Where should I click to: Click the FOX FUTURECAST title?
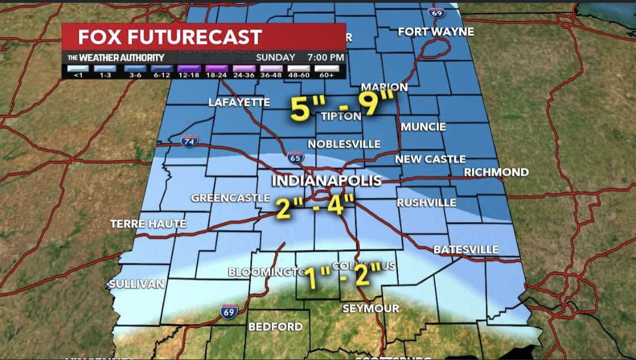(x=170, y=37)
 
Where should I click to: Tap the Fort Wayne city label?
(x=436, y=32)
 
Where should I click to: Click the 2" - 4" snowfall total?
(x=315, y=207)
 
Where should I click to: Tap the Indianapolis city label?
(x=327, y=181)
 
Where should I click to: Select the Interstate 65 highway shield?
(x=295, y=158)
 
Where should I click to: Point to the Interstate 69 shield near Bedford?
(x=230, y=310)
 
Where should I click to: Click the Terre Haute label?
(x=148, y=224)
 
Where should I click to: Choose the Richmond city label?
(x=496, y=172)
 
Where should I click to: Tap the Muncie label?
(x=423, y=127)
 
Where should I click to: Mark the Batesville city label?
(x=466, y=249)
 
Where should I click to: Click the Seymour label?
(x=371, y=309)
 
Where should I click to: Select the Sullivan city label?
(x=137, y=283)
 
